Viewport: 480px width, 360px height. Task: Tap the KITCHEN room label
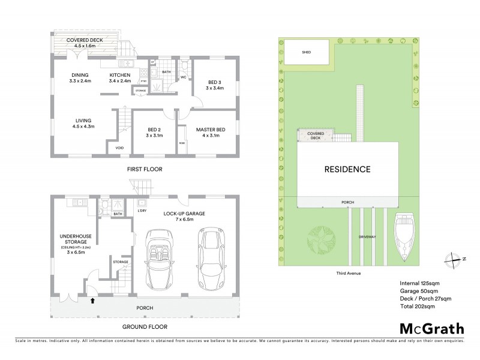click(x=120, y=75)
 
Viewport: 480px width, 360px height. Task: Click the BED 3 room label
click(x=215, y=85)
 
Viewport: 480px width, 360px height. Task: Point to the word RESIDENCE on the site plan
click(x=348, y=169)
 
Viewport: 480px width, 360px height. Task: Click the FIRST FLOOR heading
click(x=145, y=169)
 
